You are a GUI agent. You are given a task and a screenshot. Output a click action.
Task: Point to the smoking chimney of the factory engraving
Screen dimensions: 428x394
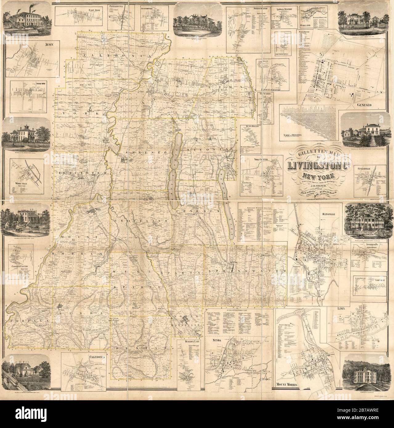(23, 10)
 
